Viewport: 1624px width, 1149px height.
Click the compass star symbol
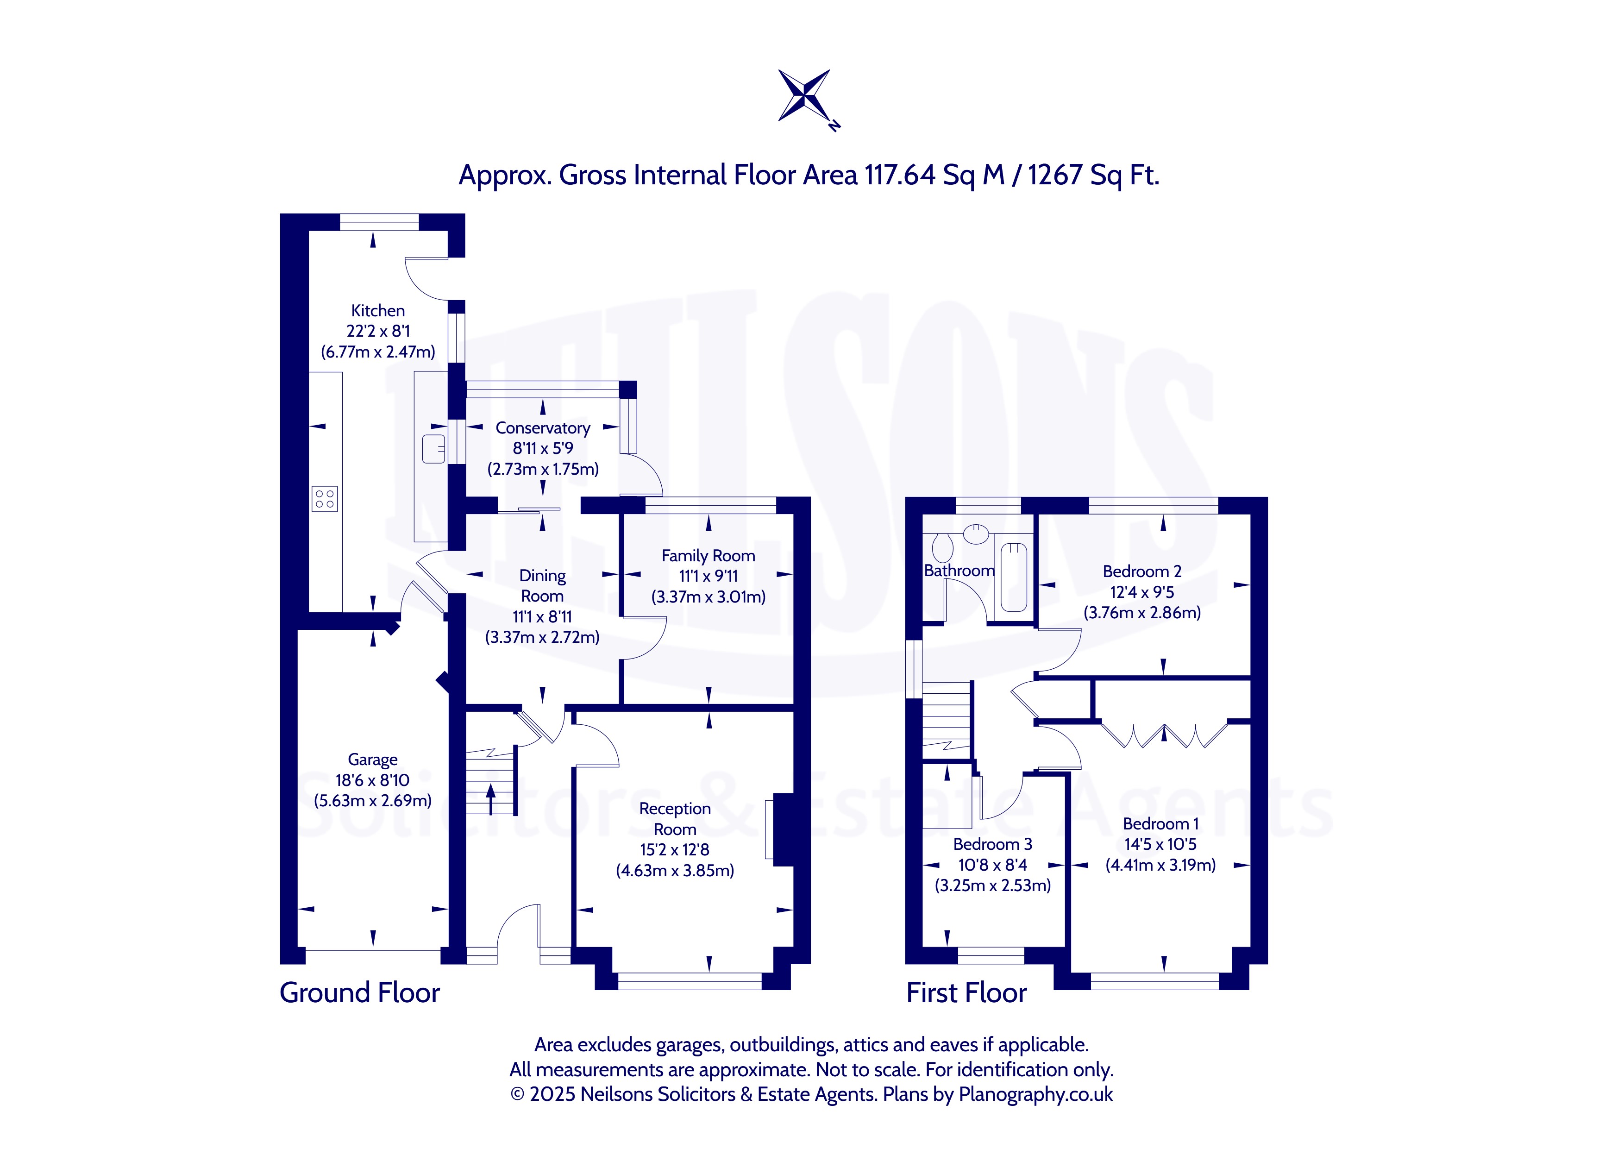[804, 95]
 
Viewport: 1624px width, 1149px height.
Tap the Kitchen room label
[378, 311]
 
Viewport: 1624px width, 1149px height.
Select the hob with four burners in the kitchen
[325, 499]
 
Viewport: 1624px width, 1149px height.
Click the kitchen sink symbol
[433, 449]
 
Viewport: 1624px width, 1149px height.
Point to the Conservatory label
[543, 428]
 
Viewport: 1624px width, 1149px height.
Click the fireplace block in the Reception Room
[783, 830]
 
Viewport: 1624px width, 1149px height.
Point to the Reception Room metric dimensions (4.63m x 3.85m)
[675, 870]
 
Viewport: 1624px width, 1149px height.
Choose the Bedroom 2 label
[1141, 571]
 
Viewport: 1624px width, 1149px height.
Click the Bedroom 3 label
[992, 845]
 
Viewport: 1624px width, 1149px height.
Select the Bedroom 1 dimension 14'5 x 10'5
[1160, 844]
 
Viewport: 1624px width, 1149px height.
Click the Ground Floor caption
[359, 992]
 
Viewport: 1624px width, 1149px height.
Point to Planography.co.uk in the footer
[1035, 1094]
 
